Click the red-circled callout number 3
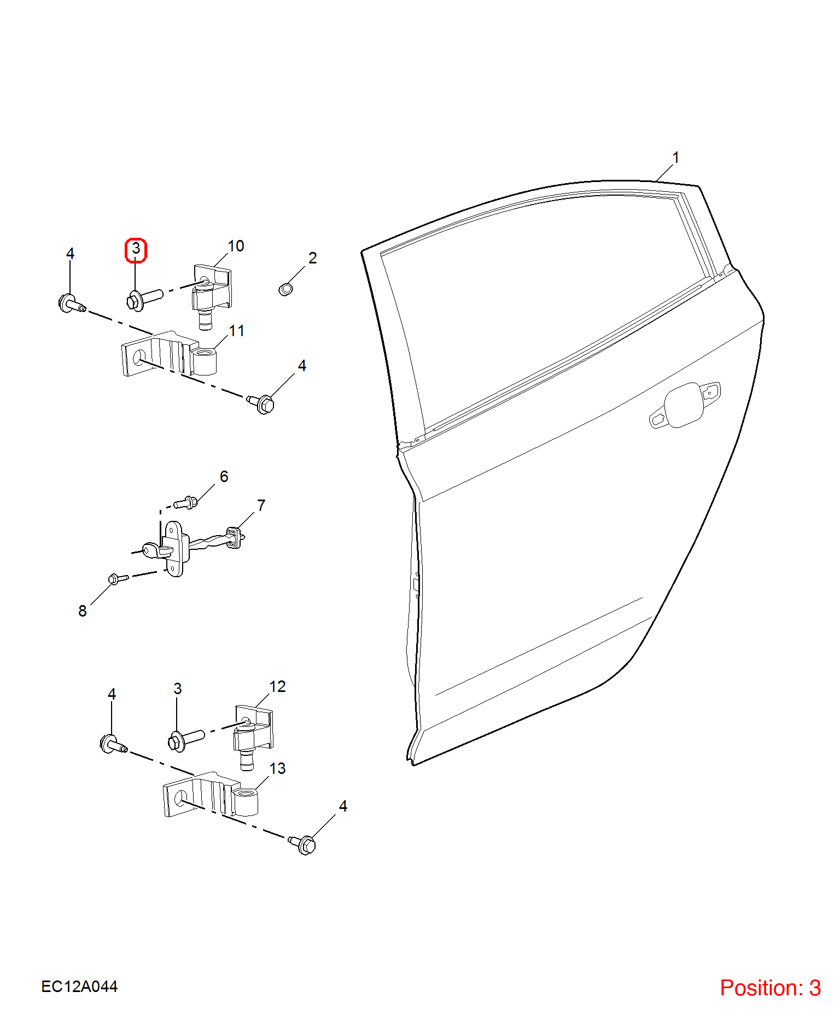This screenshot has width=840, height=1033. tap(136, 249)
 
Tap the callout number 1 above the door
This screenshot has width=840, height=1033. tap(676, 157)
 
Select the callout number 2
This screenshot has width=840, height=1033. tap(313, 258)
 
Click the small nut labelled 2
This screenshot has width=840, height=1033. tap(285, 289)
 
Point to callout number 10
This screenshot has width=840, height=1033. tap(236, 246)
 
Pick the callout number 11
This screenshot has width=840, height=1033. tap(237, 331)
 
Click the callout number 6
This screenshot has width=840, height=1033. tap(224, 477)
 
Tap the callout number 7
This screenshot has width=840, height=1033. tap(261, 506)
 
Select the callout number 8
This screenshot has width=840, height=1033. tap(83, 611)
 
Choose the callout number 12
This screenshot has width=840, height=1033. tap(277, 686)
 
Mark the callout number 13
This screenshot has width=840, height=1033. tap(277, 768)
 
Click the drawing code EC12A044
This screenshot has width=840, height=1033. tap(79, 987)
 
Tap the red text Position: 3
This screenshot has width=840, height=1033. tap(770, 988)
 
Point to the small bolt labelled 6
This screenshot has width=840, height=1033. tap(185, 502)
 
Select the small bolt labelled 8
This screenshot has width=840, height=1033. tap(118, 578)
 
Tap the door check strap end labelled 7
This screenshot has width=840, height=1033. tap(235, 537)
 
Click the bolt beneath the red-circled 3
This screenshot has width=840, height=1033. tap(144, 298)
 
